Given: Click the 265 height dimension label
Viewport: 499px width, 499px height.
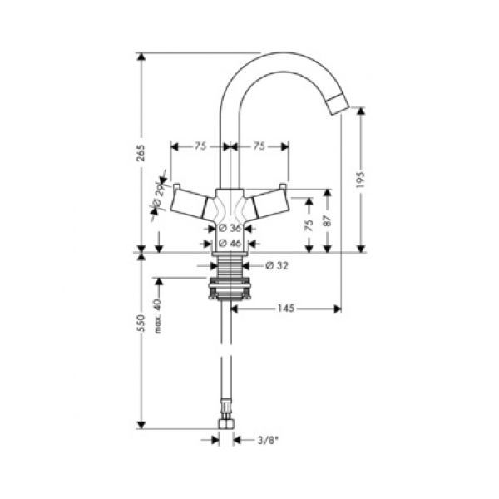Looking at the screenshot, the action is click(x=141, y=153).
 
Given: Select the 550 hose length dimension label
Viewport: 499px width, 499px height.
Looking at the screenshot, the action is click(x=141, y=323).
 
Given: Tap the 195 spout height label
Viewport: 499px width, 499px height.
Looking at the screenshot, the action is click(x=361, y=180).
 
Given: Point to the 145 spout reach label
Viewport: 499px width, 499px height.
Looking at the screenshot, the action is click(x=286, y=309).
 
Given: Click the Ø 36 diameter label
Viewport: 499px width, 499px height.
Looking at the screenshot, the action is click(x=230, y=228).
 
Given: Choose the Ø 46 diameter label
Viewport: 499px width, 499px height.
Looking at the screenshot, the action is click(x=230, y=244).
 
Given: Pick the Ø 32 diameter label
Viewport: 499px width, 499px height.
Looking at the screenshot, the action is click(x=277, y=265).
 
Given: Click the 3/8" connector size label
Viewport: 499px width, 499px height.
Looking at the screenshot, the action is click(x=268, y=441).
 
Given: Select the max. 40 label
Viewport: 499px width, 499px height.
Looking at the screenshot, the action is click(x=158, y=316).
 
